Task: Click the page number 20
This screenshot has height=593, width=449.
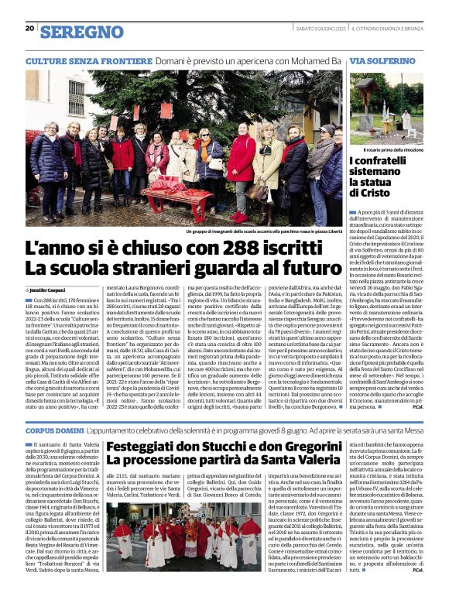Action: click(x=29, y=29)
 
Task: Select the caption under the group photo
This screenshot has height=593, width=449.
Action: click(x=263, y=231)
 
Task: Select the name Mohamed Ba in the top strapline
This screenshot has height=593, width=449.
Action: click(x=314, y=60)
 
